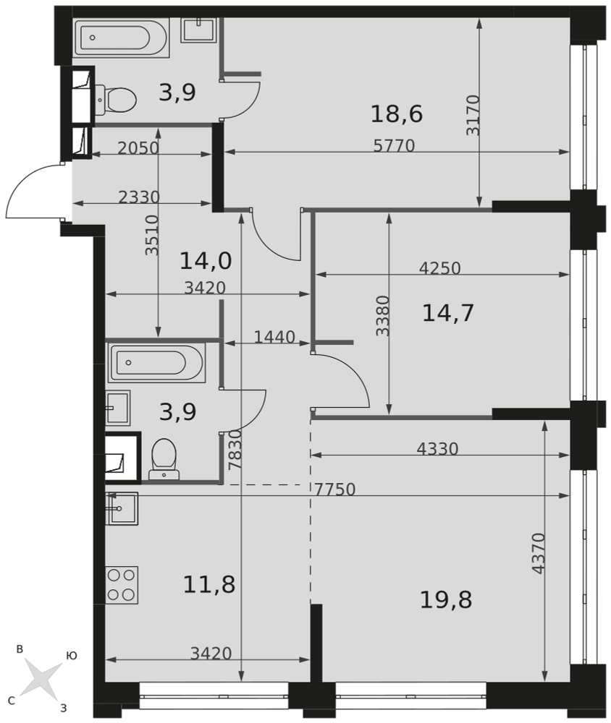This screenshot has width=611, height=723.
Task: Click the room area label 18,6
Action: point(396,114)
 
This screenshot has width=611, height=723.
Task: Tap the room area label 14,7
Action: point(447,313)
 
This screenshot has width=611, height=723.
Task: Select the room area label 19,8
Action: point(446,600)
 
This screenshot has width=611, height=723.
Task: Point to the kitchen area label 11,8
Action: point(209,584)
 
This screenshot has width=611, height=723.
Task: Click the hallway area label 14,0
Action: point(206,261)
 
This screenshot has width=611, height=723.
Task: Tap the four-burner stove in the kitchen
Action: point(122,585)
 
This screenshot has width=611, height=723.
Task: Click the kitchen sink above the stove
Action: point(122,508)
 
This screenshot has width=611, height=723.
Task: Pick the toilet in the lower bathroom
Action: point(164,459)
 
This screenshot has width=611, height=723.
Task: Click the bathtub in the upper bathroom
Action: point(121,38)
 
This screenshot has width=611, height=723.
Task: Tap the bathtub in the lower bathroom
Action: point(156,363)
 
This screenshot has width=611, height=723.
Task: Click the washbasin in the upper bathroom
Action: point(198,30)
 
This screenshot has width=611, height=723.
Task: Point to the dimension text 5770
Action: point(394,146)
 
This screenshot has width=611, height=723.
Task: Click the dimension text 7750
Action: point(335,489)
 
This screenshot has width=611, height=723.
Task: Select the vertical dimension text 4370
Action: point(539,553)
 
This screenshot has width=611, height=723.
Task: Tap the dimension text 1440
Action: point(274,337)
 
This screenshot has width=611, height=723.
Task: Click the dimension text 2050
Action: point(138,148)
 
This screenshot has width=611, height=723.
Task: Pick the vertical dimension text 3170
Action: point(473,115)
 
